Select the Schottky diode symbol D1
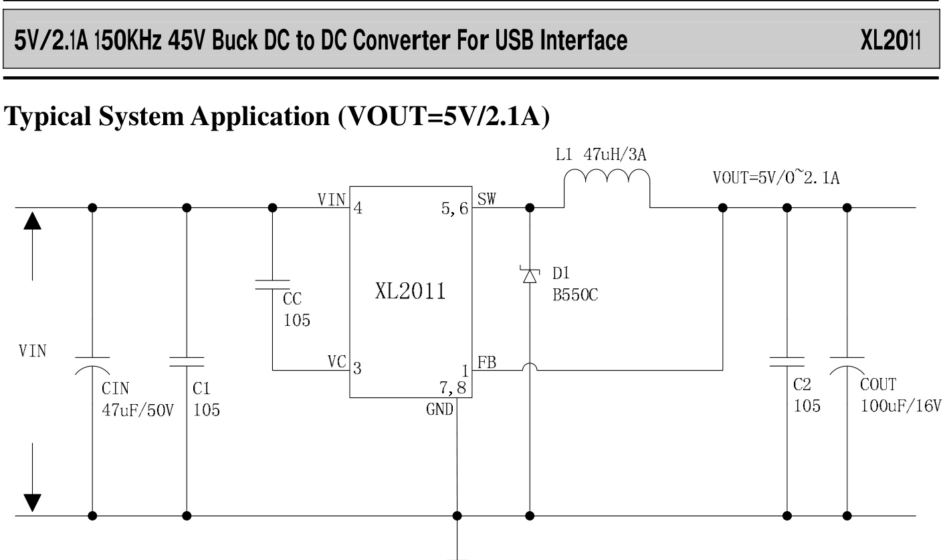click(x=530, y=274)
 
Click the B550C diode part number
click(x=575, y=295)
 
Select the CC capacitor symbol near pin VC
click(x=272, y=284)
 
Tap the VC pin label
click(x=336, y=362)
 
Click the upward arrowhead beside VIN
click(x=32, y=221)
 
